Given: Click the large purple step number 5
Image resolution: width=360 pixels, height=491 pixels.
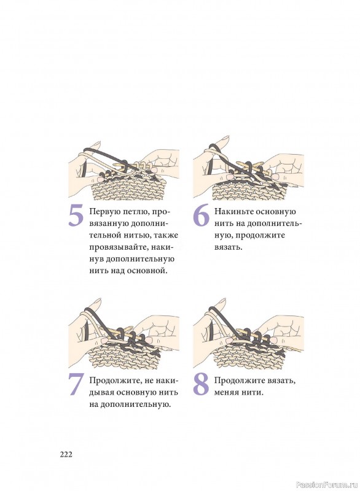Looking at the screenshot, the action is (x=76, y=215).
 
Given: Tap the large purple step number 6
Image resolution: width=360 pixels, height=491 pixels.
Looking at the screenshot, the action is (x=201, y=215).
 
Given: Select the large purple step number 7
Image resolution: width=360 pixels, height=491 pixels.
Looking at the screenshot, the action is (x=76, y=385).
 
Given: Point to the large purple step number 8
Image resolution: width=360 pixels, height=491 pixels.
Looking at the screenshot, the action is (x=201, y=385).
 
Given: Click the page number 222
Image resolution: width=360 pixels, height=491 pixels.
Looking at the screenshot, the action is (x=66, y=454).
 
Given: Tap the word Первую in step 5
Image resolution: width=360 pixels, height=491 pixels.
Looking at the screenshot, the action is (x=105, y=212).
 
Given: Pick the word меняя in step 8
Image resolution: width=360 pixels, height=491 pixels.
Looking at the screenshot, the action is (x=225, y=393).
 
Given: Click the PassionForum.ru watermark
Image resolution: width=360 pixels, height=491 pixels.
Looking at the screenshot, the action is (x=327, y=485).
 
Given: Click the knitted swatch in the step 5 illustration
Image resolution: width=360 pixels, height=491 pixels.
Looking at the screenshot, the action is (x=128, y=188).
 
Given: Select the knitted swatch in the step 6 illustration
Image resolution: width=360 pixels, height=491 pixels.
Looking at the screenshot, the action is (x=249, y=187).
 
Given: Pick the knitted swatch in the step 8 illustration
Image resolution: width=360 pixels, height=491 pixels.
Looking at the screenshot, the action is (x=249, y=354).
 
